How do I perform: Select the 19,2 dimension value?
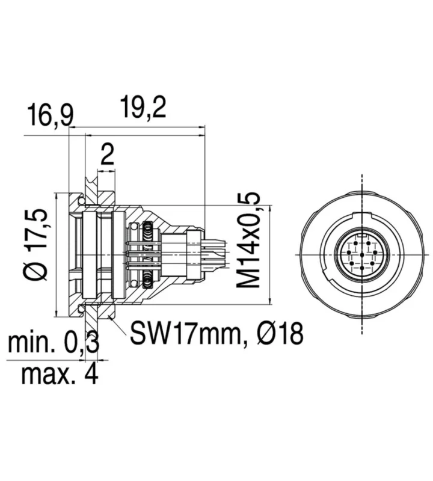(x=143, y=107)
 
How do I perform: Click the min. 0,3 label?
(x=54, y=342)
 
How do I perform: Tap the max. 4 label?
(x=60, y=374)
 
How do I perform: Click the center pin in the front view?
(x=362, y=254)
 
